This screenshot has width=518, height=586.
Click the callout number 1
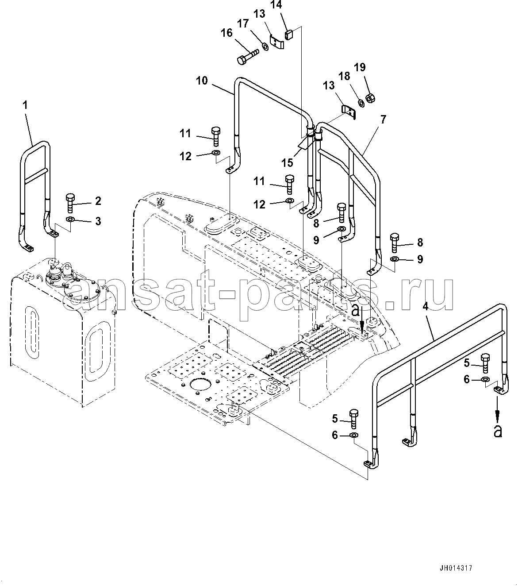pos(25,105)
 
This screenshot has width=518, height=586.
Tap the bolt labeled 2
pos(70,203)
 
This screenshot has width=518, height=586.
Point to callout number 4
pos(425,307)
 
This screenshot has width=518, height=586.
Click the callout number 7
pos(383,119)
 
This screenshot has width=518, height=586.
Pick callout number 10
pos(202,81)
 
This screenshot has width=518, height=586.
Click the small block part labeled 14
pos(289,35)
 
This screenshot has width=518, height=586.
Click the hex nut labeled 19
pos(370,98)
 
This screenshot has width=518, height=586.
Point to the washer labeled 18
pos(361,103)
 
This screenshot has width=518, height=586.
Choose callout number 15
pos(288,163)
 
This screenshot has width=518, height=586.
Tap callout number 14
pos(276,4)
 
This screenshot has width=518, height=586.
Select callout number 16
pos(226,33)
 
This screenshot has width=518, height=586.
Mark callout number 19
pos(360,67)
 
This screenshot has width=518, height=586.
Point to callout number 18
pos(344,77)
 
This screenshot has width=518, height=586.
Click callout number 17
pos(243,24)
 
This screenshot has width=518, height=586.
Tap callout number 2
pos(98,201)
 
